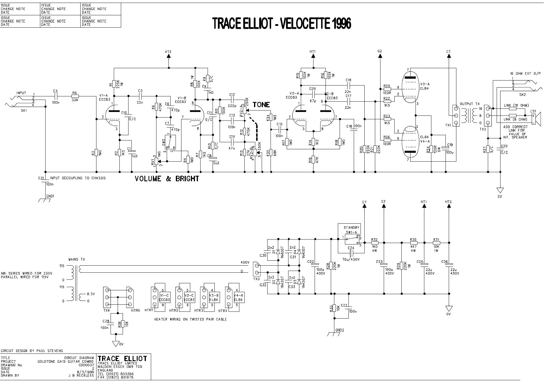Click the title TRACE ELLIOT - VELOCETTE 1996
tap(281, 24)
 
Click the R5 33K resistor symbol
tap(75, 96)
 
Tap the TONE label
tap(261, 105)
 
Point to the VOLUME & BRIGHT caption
tap(167, 179)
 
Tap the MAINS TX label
tap(77, 259)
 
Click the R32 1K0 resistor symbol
tap(375, 243)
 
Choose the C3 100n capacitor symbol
tap(56, 96)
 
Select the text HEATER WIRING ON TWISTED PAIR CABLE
tap(191, 319)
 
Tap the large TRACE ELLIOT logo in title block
tap(122, 358)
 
